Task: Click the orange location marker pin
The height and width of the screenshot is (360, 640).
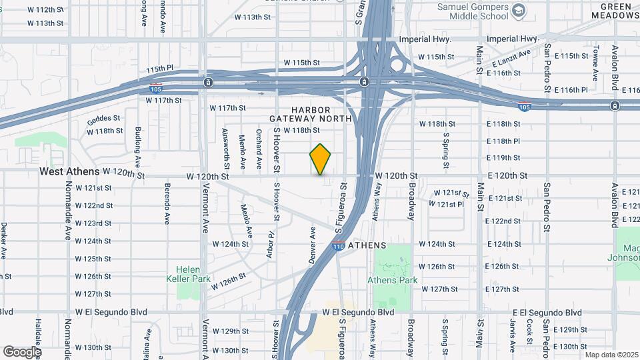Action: pos(321,159)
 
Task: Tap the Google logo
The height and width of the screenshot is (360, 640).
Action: pos(22,351)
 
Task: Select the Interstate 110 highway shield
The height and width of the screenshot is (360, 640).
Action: pos(338,247)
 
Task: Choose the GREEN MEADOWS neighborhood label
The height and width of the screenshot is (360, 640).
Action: pos(614,11)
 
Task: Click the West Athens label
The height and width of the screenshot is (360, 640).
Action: pos(69,171)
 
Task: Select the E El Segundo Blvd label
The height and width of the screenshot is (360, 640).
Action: pos(547,312)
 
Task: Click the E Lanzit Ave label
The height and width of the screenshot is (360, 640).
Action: pos(512,59)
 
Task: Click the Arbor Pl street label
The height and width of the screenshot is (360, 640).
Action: pos(271,244)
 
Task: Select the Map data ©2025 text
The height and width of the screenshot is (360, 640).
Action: pos(611,355)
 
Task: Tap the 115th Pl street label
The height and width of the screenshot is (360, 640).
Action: pos(160,69)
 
